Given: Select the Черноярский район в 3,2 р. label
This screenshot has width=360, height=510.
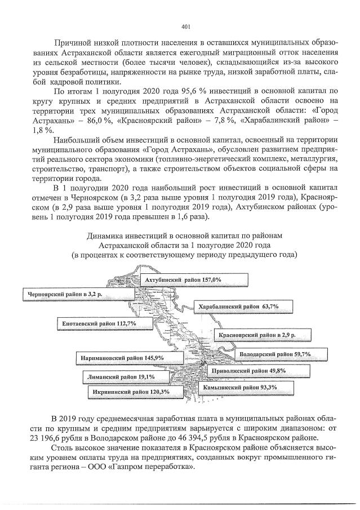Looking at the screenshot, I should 62,294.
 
